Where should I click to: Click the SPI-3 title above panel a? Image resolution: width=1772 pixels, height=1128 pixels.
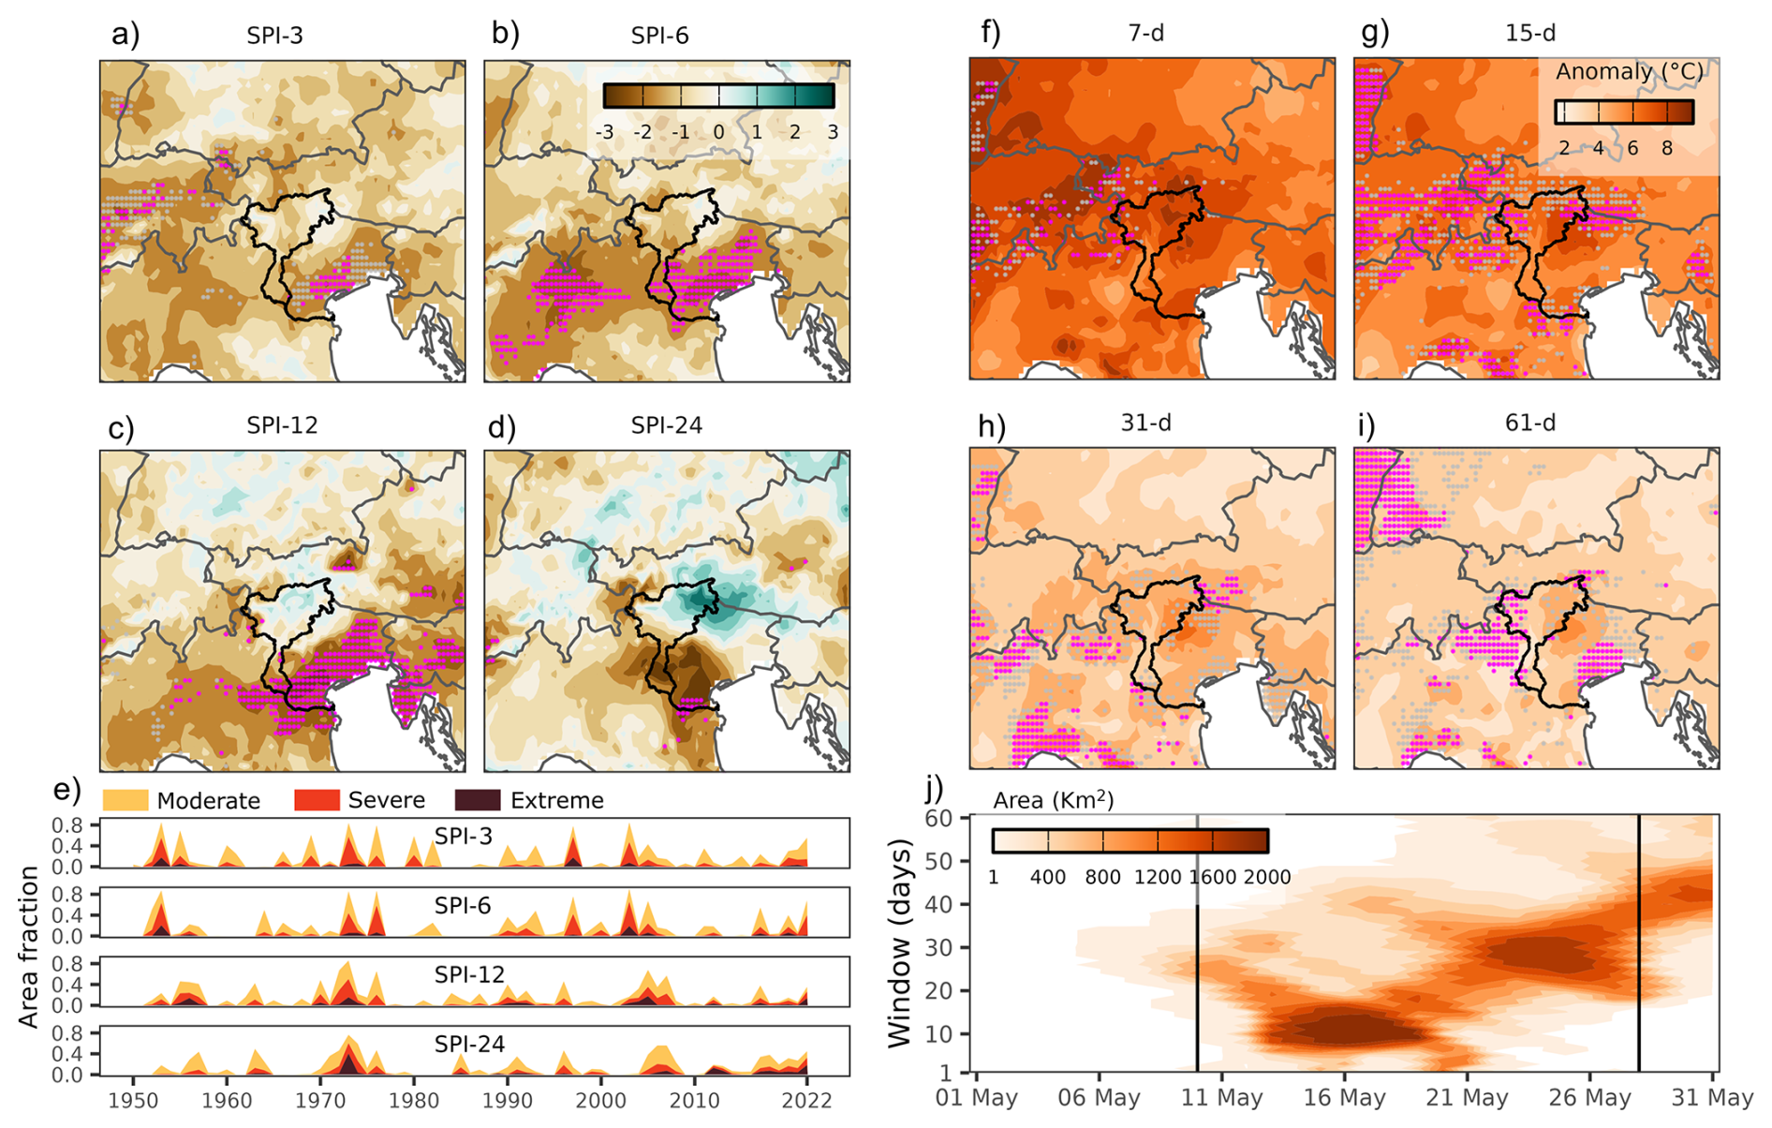coord(274,36)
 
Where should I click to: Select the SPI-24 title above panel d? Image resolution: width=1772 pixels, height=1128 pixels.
coord(666,425)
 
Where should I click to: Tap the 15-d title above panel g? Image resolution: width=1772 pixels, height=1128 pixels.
coord(1530,33)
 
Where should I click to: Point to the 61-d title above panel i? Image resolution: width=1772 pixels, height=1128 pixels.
coord(1530,423)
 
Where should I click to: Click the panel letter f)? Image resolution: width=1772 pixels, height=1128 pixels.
coord(990,33)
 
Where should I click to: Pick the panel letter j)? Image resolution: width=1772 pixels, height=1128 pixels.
coord(934,789)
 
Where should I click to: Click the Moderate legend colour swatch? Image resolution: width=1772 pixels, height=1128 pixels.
coord(125,800)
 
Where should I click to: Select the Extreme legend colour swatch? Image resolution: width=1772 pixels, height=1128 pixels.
coord(478,800)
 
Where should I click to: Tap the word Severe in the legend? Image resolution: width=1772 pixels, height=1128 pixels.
coord(386,800)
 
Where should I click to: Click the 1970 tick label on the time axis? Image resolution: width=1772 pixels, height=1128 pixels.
coord(320,1100)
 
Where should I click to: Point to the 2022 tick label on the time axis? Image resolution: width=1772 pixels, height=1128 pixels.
coord(807,1100)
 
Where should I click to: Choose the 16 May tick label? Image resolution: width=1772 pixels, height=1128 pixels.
coord(1344,1097)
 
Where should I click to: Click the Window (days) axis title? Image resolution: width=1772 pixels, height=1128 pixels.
coord(899,942)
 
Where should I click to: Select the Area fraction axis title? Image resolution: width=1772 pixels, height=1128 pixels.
coord(29,946)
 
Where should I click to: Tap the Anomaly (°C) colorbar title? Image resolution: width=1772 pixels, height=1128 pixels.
coord(1630,72)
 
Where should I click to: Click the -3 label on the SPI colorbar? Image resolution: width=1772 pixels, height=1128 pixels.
coord(605,132)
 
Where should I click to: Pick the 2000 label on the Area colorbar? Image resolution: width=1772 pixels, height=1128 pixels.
coord(1267,877)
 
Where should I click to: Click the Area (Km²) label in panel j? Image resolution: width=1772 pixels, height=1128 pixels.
coord(1053,799)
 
